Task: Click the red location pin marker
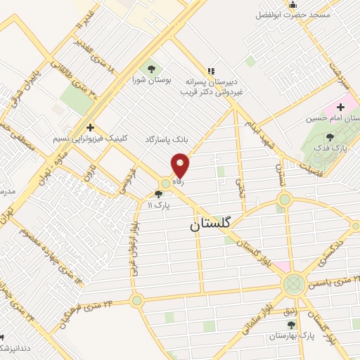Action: coord(181,165)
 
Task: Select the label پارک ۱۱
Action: coord(159,205)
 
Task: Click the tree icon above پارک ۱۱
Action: coord(157,194)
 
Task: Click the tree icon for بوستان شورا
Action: coord(150,69)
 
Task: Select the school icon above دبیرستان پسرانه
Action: coord(211,70)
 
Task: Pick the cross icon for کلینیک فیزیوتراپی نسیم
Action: coord(89,127)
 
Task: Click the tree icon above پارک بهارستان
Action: coord(290,325)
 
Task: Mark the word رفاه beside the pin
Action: coord(179,181)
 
